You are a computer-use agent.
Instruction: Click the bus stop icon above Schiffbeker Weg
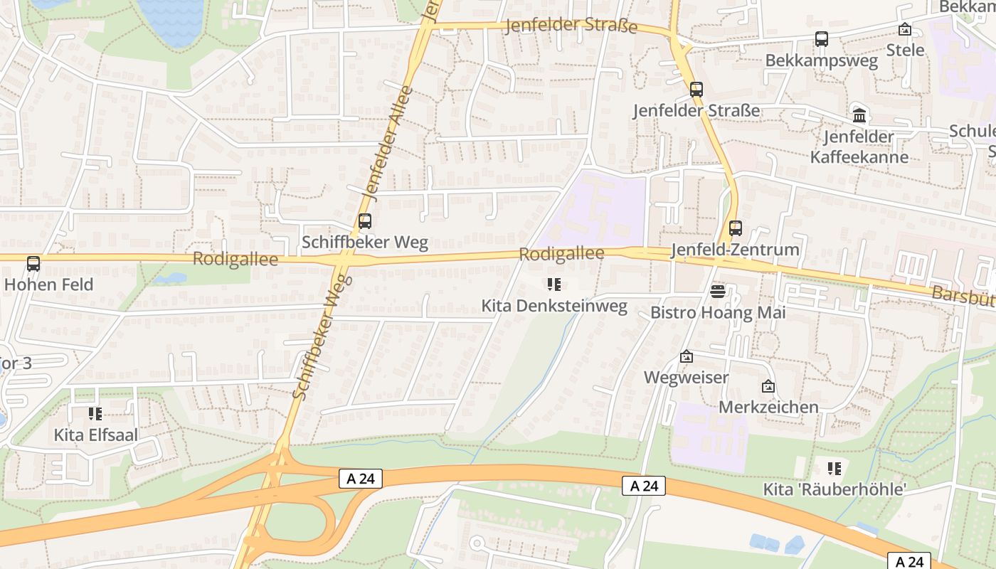[365, 221]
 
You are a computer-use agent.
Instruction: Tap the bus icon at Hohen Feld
[33, 264]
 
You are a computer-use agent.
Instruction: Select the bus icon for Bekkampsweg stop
[822, 39]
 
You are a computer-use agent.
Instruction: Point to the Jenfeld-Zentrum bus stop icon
[736, 228]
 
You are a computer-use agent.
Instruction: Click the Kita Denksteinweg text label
[554, 307]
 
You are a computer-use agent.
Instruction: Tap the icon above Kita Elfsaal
[95, 413]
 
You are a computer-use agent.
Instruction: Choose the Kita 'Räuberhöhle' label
[835, 489]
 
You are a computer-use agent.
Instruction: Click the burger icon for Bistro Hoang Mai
[717, 291]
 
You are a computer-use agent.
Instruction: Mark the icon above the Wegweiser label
[687, 356]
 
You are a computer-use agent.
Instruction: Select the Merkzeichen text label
[768, 408]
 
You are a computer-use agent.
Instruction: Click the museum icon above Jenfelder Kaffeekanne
[859, 115]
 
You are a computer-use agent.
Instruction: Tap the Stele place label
[905, 50]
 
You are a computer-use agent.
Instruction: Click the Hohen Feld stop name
[48, 284]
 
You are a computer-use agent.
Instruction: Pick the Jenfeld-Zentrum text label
[735, 250]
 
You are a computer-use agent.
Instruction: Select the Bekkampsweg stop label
[821, 60]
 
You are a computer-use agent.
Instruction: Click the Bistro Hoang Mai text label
[718, 313]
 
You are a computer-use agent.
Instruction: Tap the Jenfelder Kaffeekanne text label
[859, 147]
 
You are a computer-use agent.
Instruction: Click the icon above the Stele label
[905, 29]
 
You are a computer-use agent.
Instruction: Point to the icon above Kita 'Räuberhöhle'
[835, 468]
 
